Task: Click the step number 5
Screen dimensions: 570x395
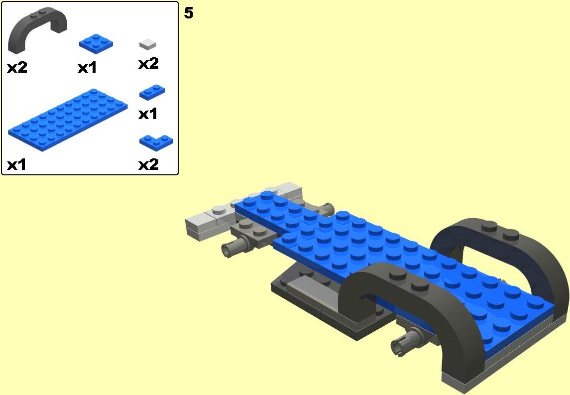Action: click(x=189, y=13)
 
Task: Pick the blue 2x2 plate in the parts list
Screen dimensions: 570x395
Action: click(x=96, y=44)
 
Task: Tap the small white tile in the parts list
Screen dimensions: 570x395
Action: click(x=147, y=44)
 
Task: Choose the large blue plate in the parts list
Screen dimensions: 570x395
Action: click(x=68, y=120)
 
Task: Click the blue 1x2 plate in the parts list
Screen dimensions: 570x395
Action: click(x=152, y=92)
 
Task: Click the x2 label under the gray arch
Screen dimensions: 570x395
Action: click(x=17, y=67)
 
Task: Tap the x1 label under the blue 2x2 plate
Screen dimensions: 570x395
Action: click(x=87, y=68)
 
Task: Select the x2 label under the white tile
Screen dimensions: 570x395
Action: click(x=149, y=64)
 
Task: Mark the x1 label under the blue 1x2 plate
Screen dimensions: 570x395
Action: click(x=148, y=114)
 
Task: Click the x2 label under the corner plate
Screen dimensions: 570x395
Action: click(x=149, y=165)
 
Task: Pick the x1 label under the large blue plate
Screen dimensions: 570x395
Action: click(x=17, y=165)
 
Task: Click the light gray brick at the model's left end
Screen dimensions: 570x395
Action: click(x=204, y=224)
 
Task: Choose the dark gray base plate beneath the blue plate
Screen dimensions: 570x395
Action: click(x=320, y=302)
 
